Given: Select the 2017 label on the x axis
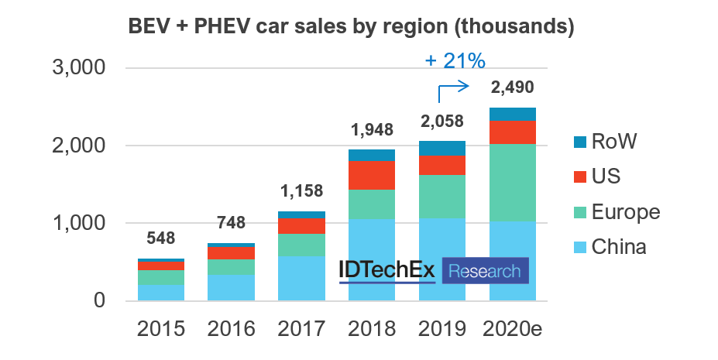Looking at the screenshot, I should tap(302, 327).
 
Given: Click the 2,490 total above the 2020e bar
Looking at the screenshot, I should tap(511, 87).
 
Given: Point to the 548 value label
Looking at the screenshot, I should tap(161, 238).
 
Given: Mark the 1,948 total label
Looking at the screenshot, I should tap(372, 129).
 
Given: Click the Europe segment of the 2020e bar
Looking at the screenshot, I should tap(513, 182).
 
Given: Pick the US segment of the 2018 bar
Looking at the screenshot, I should tap(372, 175).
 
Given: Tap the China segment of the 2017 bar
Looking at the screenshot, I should tap(301, 279).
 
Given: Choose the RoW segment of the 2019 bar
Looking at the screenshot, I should tap(442, 149).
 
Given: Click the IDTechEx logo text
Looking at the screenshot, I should tap(386, 271).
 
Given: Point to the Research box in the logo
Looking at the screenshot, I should tap(486, 271).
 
